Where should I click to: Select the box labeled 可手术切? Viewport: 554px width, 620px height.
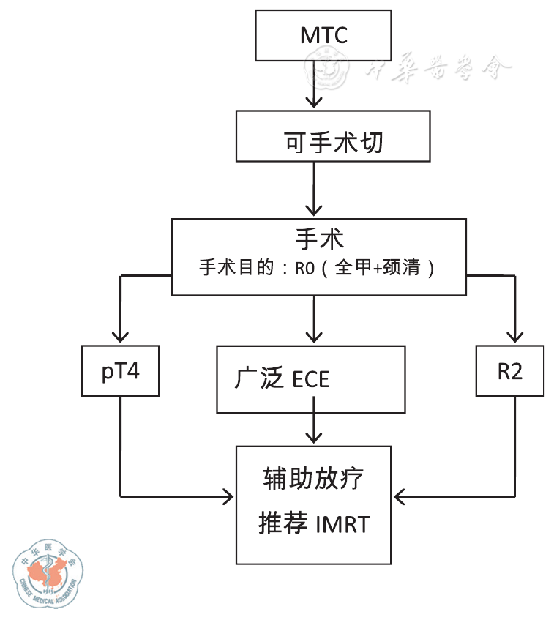333,136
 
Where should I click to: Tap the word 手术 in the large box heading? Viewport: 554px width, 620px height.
319,239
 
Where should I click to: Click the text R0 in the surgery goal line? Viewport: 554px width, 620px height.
304,268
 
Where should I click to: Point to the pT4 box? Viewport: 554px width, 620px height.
121,371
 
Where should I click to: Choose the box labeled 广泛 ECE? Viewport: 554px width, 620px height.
311,379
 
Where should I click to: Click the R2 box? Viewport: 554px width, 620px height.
510,371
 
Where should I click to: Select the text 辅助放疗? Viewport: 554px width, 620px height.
313,480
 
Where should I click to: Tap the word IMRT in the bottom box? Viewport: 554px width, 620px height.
342,525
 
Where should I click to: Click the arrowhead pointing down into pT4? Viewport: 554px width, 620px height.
121,336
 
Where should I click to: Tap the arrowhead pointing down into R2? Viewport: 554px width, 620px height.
515,336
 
